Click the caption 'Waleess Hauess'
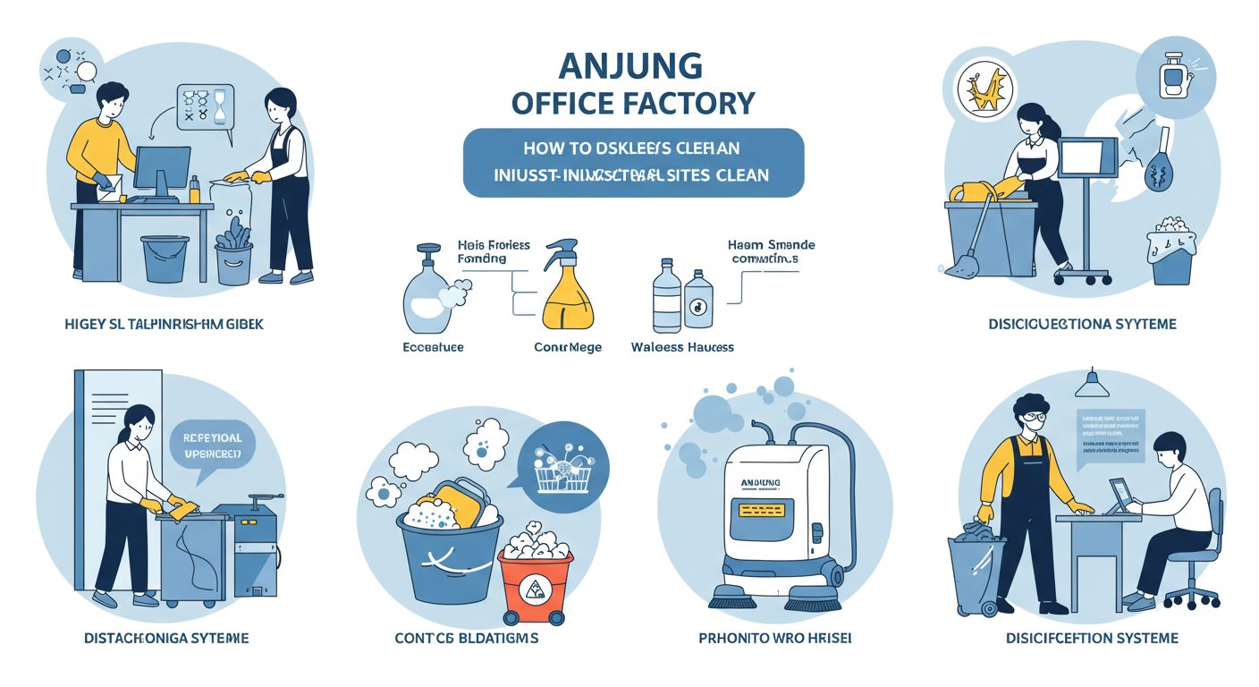[682, 346]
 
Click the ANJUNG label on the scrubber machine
[760, 483]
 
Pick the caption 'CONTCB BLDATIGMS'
[466, 639]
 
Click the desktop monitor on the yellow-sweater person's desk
[163, 171]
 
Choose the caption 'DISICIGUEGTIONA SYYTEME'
[1083, 324]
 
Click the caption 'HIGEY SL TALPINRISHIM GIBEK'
[165, 324]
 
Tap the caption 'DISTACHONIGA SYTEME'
[165, 639]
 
